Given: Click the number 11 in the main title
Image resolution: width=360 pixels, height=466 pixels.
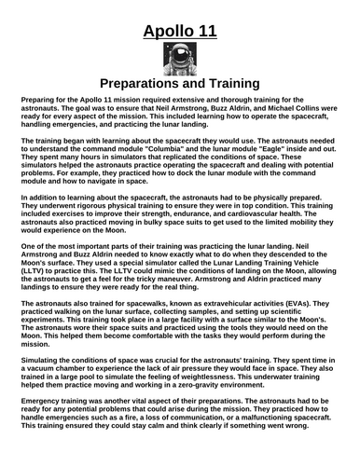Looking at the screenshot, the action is pos(205,35).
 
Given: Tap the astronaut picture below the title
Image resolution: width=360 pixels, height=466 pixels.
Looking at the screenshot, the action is pos(180,63).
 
